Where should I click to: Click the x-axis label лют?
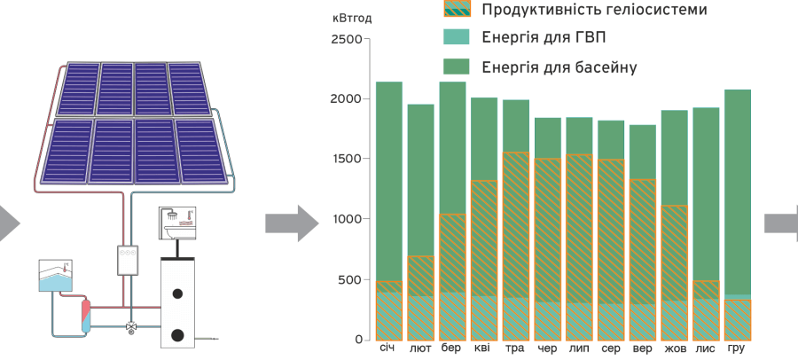[x=420, y=349]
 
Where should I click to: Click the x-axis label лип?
[x=579, y=349]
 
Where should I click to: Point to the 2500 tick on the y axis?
[x=346, y=39]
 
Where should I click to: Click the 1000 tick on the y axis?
[x=346, y=219]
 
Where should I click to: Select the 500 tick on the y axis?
[x=349, y=279]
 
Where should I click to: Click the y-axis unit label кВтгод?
[x=352, y=17]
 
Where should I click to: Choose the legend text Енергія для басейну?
[x=559, y=67]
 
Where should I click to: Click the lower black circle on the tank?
[x=177, y=335]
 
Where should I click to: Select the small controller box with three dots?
[x=130, y=259]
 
